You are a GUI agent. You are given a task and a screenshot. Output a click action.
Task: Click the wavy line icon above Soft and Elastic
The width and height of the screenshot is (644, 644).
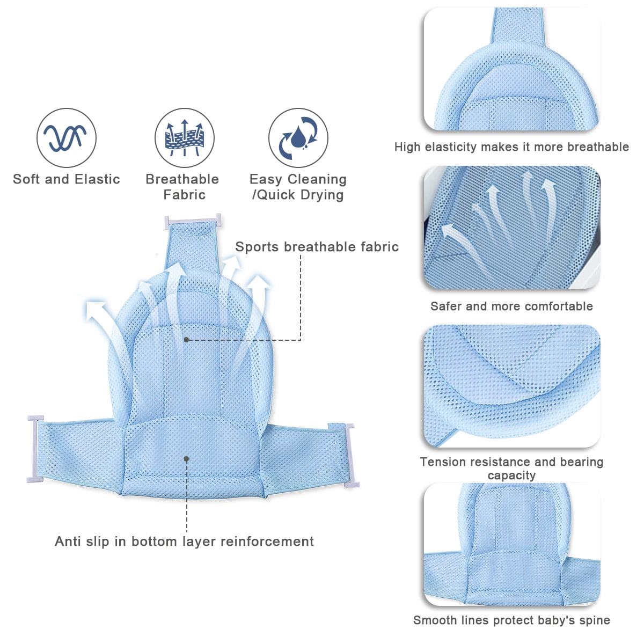(x=66, y=138)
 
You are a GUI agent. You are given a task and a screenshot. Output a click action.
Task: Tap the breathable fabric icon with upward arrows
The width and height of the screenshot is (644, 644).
(x=185, y=138)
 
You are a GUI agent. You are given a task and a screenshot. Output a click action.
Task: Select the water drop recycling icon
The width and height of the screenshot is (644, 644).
(x=298, y=138)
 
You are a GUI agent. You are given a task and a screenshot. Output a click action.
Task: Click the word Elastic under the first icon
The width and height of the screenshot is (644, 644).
(x=97, y=179)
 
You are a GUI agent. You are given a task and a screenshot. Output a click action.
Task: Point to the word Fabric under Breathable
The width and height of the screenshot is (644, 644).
(x=185, y=194)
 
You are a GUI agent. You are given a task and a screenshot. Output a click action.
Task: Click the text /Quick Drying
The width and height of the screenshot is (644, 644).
(x=298, y=195)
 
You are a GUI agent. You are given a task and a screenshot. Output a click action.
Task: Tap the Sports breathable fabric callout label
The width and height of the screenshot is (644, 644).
(x=317, y=247)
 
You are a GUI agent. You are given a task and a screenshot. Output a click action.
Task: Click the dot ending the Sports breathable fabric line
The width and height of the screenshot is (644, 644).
(x=186, y=340)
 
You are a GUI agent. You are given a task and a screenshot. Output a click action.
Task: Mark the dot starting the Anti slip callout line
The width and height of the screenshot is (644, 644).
(x=186, y=459)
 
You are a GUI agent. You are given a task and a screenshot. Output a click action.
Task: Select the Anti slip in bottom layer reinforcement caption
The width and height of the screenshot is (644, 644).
(x=184, y=541)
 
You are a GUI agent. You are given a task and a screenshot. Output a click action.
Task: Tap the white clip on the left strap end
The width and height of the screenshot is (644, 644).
(x=35, y=449)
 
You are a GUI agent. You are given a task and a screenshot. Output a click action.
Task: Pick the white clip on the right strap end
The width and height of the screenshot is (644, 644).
(x=351, y=455)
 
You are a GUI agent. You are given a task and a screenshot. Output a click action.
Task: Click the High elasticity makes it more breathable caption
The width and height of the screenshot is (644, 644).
(x=511, y=147)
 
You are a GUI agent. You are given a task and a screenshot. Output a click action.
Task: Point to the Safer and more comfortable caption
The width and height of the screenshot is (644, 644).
(x=511, y=306)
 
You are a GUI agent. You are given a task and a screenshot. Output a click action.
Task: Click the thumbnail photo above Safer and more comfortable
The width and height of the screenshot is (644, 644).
(x=512, y=227)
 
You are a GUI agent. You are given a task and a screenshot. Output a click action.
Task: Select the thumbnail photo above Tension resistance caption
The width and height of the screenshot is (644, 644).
(x=512, y=386)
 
